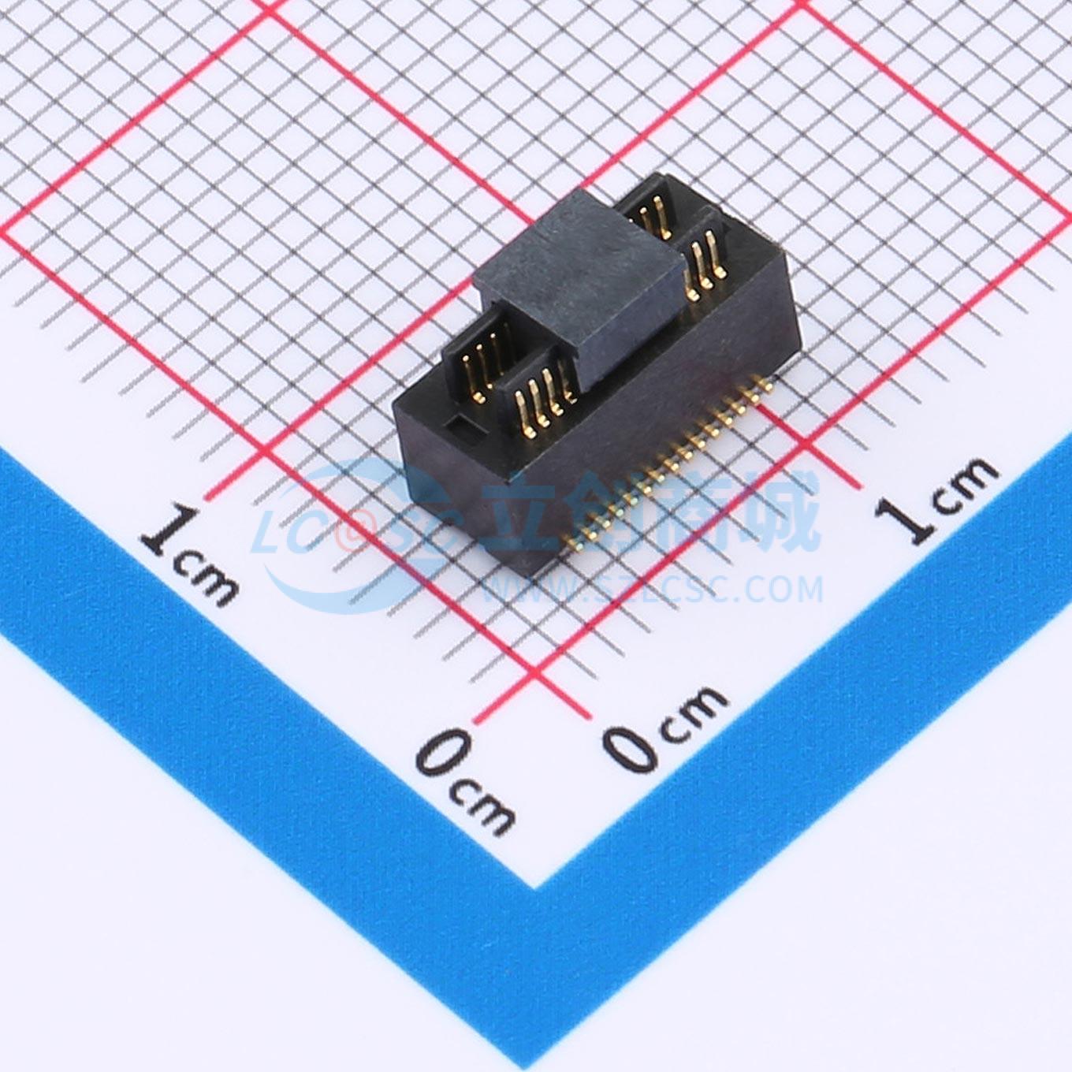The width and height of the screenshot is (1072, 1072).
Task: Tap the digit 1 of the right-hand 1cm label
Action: pos(909,518)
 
